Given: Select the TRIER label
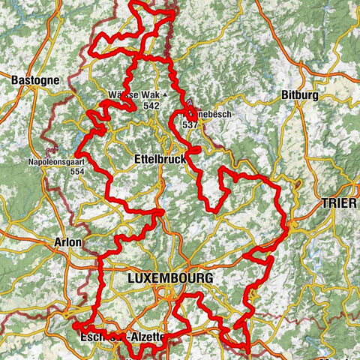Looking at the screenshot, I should click(x=339, y=202).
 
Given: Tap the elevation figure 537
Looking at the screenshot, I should click(x=190, y=124).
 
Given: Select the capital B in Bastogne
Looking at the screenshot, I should click(x=15, y=77).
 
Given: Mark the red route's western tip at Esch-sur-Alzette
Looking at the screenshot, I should click(x=76, y=325).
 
